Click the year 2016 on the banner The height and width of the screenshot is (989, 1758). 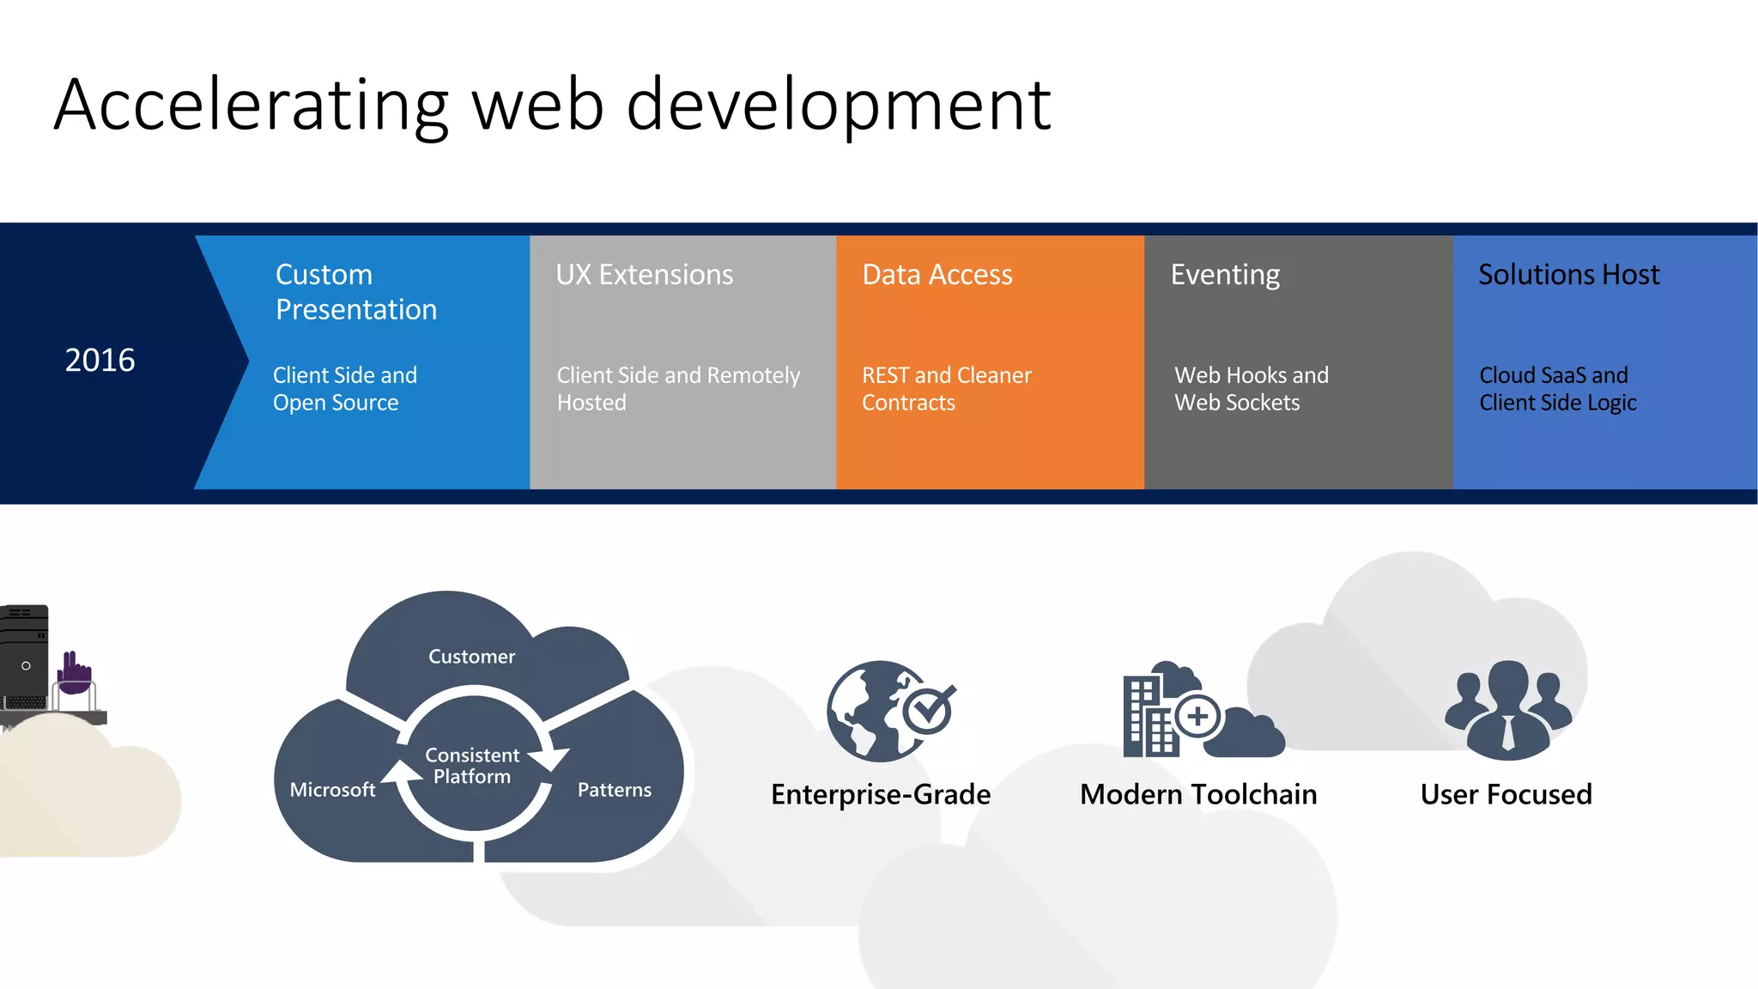tap(100, 360)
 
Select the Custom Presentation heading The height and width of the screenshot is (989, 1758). tap(355, 292)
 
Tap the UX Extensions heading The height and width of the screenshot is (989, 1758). tap(644, 275)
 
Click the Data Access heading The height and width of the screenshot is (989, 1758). tap(937, 275)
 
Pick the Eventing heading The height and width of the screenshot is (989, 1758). tap(1225, 275)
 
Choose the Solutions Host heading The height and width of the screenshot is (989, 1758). tap(1568, 275)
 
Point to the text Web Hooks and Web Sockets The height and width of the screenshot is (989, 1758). tap(1251, 389)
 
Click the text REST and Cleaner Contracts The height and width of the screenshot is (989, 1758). tap(946, 389)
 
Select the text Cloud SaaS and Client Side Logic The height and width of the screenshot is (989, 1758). tap(1557, 389)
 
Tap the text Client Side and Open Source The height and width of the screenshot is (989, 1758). tap(344, 389)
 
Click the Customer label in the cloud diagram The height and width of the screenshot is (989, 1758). tap(471, 657)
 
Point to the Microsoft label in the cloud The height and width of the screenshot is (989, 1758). tap(332, 790)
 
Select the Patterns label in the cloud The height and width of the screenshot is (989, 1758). tap(614, 790)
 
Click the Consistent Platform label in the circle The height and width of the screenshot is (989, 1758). tap(472, 766)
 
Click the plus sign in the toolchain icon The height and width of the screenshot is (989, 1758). tap(1197, 715)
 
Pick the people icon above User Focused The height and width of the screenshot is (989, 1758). tap(1507, 709)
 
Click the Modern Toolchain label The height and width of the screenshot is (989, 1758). tap(1197, 795)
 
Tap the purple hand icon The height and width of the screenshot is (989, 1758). tap(75, 674)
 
